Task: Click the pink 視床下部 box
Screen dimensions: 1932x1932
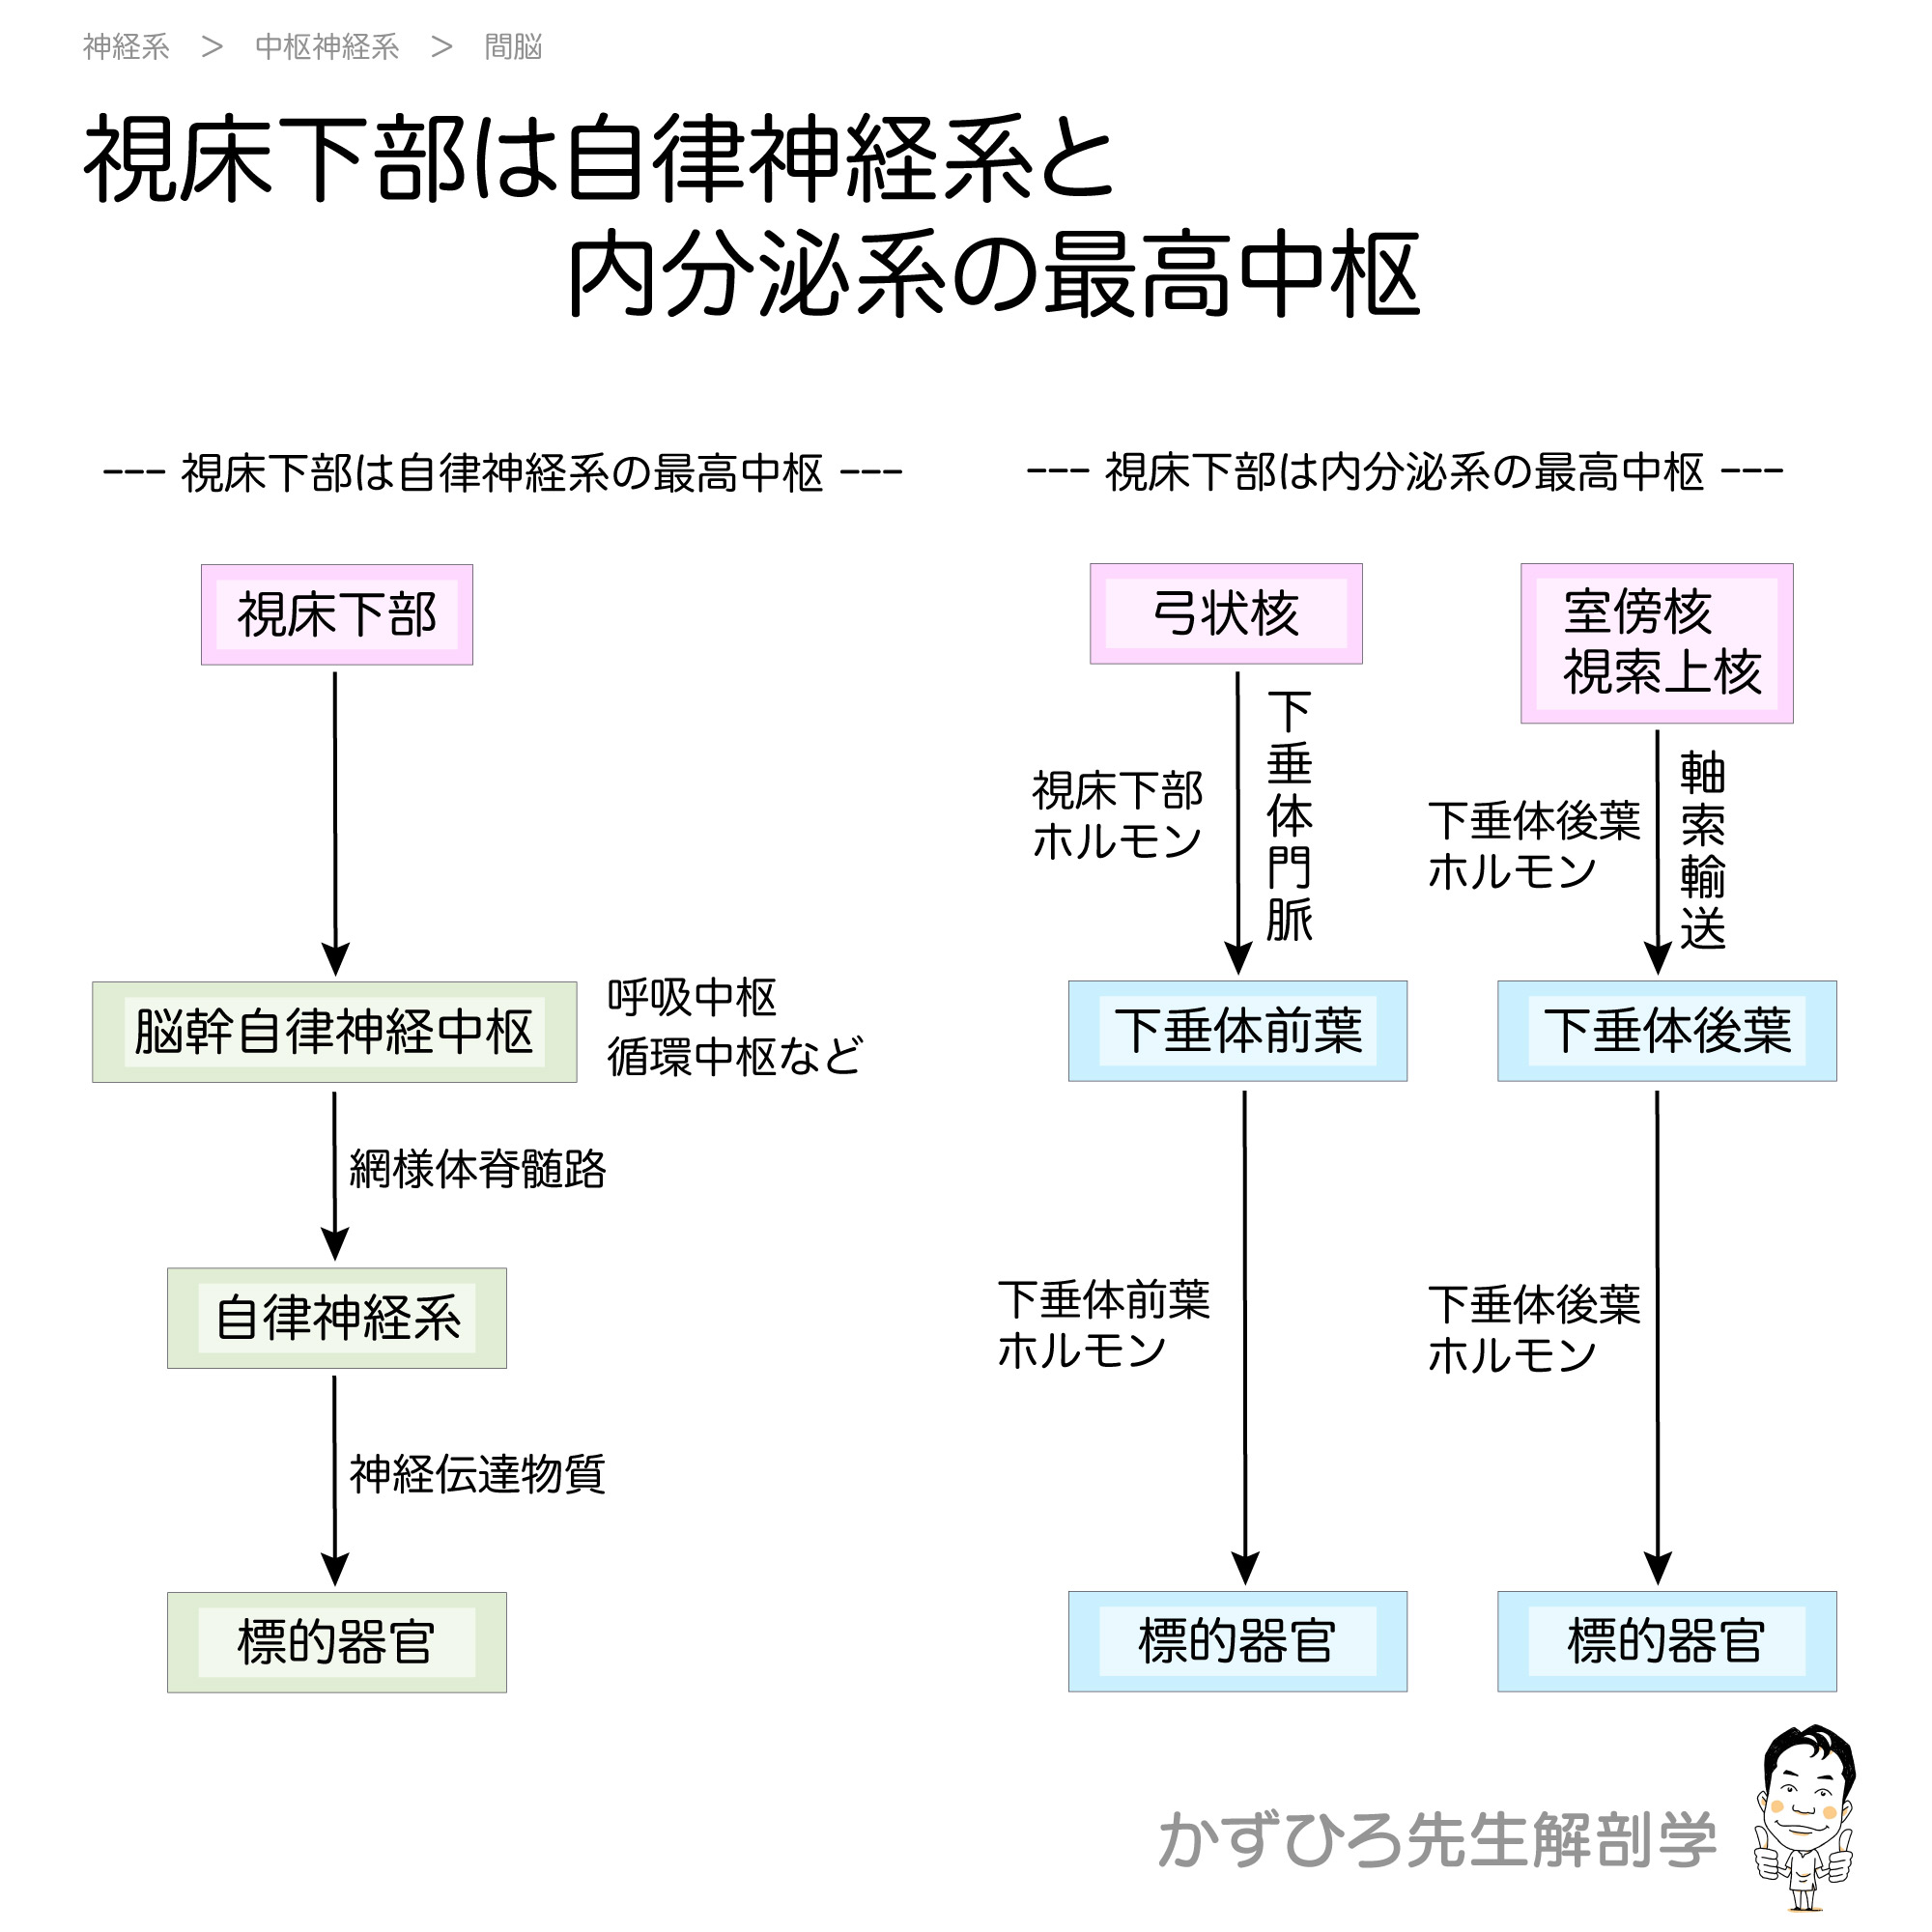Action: (337, 615)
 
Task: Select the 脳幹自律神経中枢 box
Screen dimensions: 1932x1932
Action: (334, 1032)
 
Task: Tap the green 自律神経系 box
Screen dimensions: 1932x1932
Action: (337, 1318)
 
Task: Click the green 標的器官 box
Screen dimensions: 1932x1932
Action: (337, 1642)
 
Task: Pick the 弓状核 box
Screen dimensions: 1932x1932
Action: (1226, 614)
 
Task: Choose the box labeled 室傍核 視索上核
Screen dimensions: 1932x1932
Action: (1657, 643)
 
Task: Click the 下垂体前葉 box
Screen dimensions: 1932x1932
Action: (1238, 1031)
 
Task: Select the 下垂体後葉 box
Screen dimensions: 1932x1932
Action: (1667, 1031)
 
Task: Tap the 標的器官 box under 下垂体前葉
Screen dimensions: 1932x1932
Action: (1238, 1641)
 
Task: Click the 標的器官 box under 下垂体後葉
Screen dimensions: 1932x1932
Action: (1667, 1641)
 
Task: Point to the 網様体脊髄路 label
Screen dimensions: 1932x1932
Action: (477, 1168)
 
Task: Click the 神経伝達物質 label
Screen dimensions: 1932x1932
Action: (477, 1474)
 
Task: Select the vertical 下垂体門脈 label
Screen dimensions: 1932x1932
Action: (1289, 816)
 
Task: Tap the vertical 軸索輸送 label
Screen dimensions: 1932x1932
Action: (1702, 851)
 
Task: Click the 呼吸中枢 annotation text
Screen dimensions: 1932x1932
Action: (692, 997)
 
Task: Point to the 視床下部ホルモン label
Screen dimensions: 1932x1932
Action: (1117, 816)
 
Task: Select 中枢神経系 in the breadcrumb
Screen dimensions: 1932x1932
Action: (327, 47)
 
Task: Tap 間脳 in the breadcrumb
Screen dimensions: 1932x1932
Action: (513, 47)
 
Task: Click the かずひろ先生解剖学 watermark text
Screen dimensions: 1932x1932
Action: (1437, 1840)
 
